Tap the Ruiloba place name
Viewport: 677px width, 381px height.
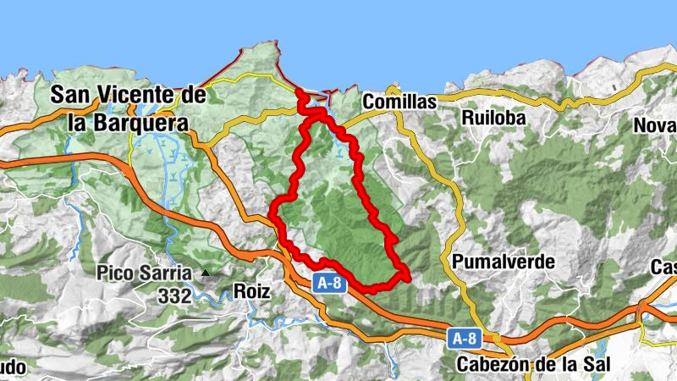494,118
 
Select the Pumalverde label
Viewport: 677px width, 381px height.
503,262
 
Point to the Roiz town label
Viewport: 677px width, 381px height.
251,292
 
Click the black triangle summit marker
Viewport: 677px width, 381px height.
205,273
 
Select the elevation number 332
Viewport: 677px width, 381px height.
174,296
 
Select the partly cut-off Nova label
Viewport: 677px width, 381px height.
655,125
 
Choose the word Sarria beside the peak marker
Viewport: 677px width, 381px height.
164,273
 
